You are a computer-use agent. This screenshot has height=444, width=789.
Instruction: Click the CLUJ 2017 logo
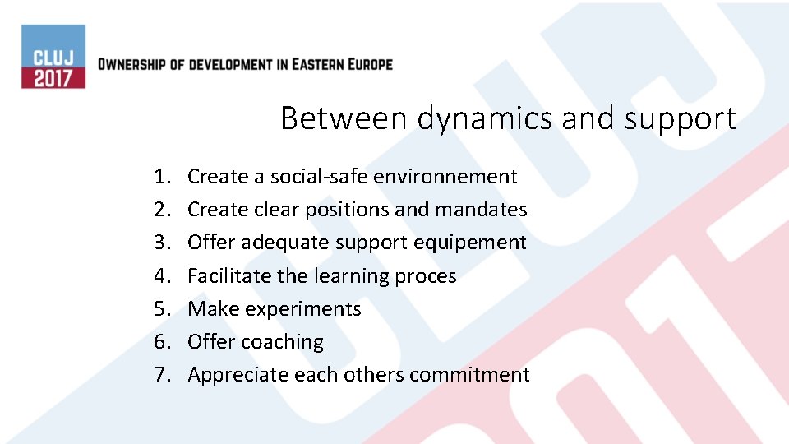pos(53,57)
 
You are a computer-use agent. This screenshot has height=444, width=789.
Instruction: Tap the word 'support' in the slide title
pos(680,120)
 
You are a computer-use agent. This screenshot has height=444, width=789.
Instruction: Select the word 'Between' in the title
pos(344,118)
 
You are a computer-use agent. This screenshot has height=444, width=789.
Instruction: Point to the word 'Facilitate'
pos(229,275)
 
